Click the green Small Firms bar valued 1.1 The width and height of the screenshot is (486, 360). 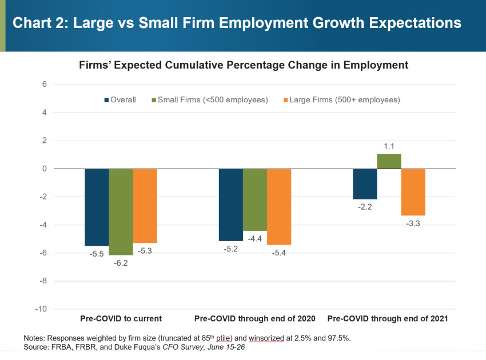click(x=389, y=161)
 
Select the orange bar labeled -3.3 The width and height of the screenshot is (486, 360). click(x=413, y=191)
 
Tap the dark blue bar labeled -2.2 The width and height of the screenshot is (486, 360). click(x=365, y=183)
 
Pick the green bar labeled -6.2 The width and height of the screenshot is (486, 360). click(x=121, y=211)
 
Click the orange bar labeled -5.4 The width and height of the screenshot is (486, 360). click(x=279, y=206)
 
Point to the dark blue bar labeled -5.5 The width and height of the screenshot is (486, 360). click(x=97, y=207)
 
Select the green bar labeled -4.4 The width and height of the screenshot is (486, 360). click(x=255, y=199)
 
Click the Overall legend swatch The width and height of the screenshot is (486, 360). click(x=106, y=100)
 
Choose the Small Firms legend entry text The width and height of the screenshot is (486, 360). click(x=213, y=100)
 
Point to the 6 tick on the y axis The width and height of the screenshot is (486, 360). click(x=43, y=85)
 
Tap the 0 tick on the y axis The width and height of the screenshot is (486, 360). click(x=43, y=169)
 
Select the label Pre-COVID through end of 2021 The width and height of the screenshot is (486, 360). click(x=388, y=318)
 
